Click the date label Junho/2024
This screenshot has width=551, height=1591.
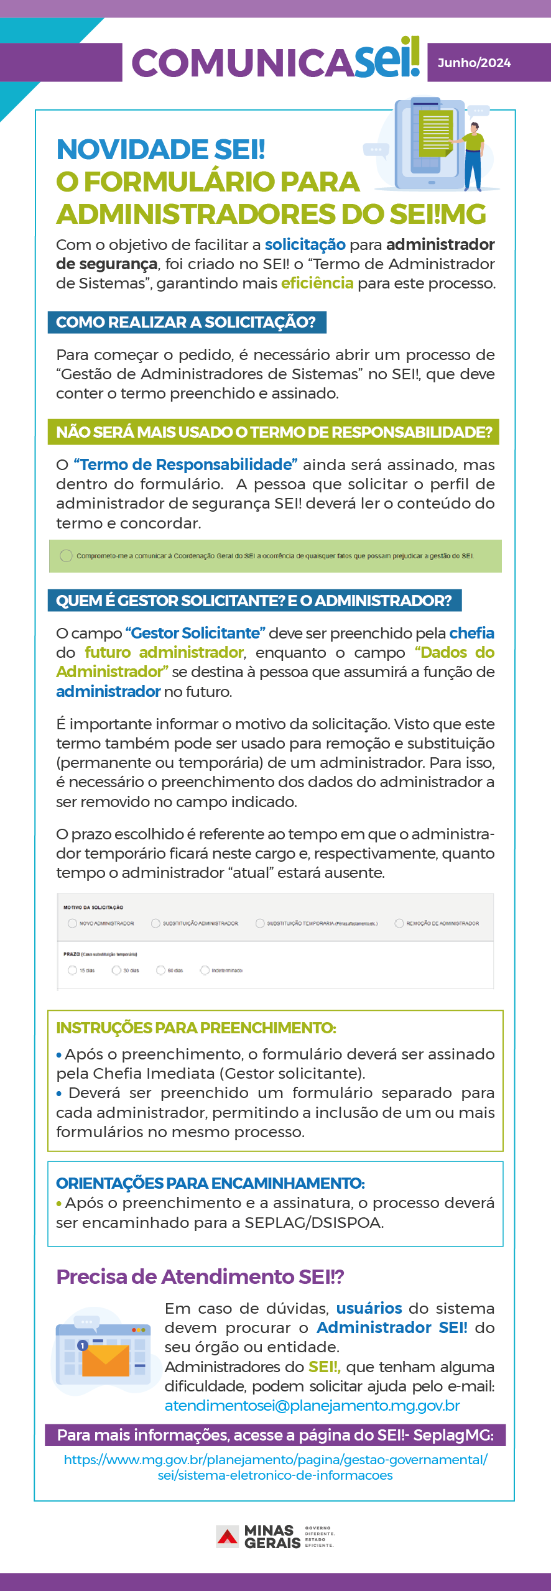click(474, 63)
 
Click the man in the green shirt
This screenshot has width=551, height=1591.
click(474, 155)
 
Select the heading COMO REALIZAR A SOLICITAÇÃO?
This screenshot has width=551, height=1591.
click(186, 322)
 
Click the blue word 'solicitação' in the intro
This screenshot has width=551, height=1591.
click(305, 244)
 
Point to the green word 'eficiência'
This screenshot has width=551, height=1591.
click(317, 284)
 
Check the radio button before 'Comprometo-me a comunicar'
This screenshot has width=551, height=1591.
click(66, 556)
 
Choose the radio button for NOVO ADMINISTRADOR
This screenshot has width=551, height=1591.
click(73, 923)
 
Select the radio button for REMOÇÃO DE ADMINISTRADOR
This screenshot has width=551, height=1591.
click(399, 923)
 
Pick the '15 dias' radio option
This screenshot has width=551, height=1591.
click(73, 970)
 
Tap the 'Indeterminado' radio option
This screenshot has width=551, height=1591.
click(205, 970)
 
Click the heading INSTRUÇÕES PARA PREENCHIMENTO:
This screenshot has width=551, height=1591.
click(196, 1028)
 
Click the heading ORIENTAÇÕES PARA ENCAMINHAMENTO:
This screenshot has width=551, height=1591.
click(210, 1183)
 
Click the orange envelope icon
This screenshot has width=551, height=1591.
click(106, 1360)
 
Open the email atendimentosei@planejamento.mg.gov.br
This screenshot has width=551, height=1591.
click(312, 1406)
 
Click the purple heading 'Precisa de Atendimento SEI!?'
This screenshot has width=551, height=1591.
click(200, 1276)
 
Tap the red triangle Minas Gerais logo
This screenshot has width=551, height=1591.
click(227, 1537)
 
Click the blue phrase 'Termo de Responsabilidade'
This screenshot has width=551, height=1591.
click(185, 464)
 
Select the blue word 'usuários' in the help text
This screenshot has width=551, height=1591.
click(369, 1308)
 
